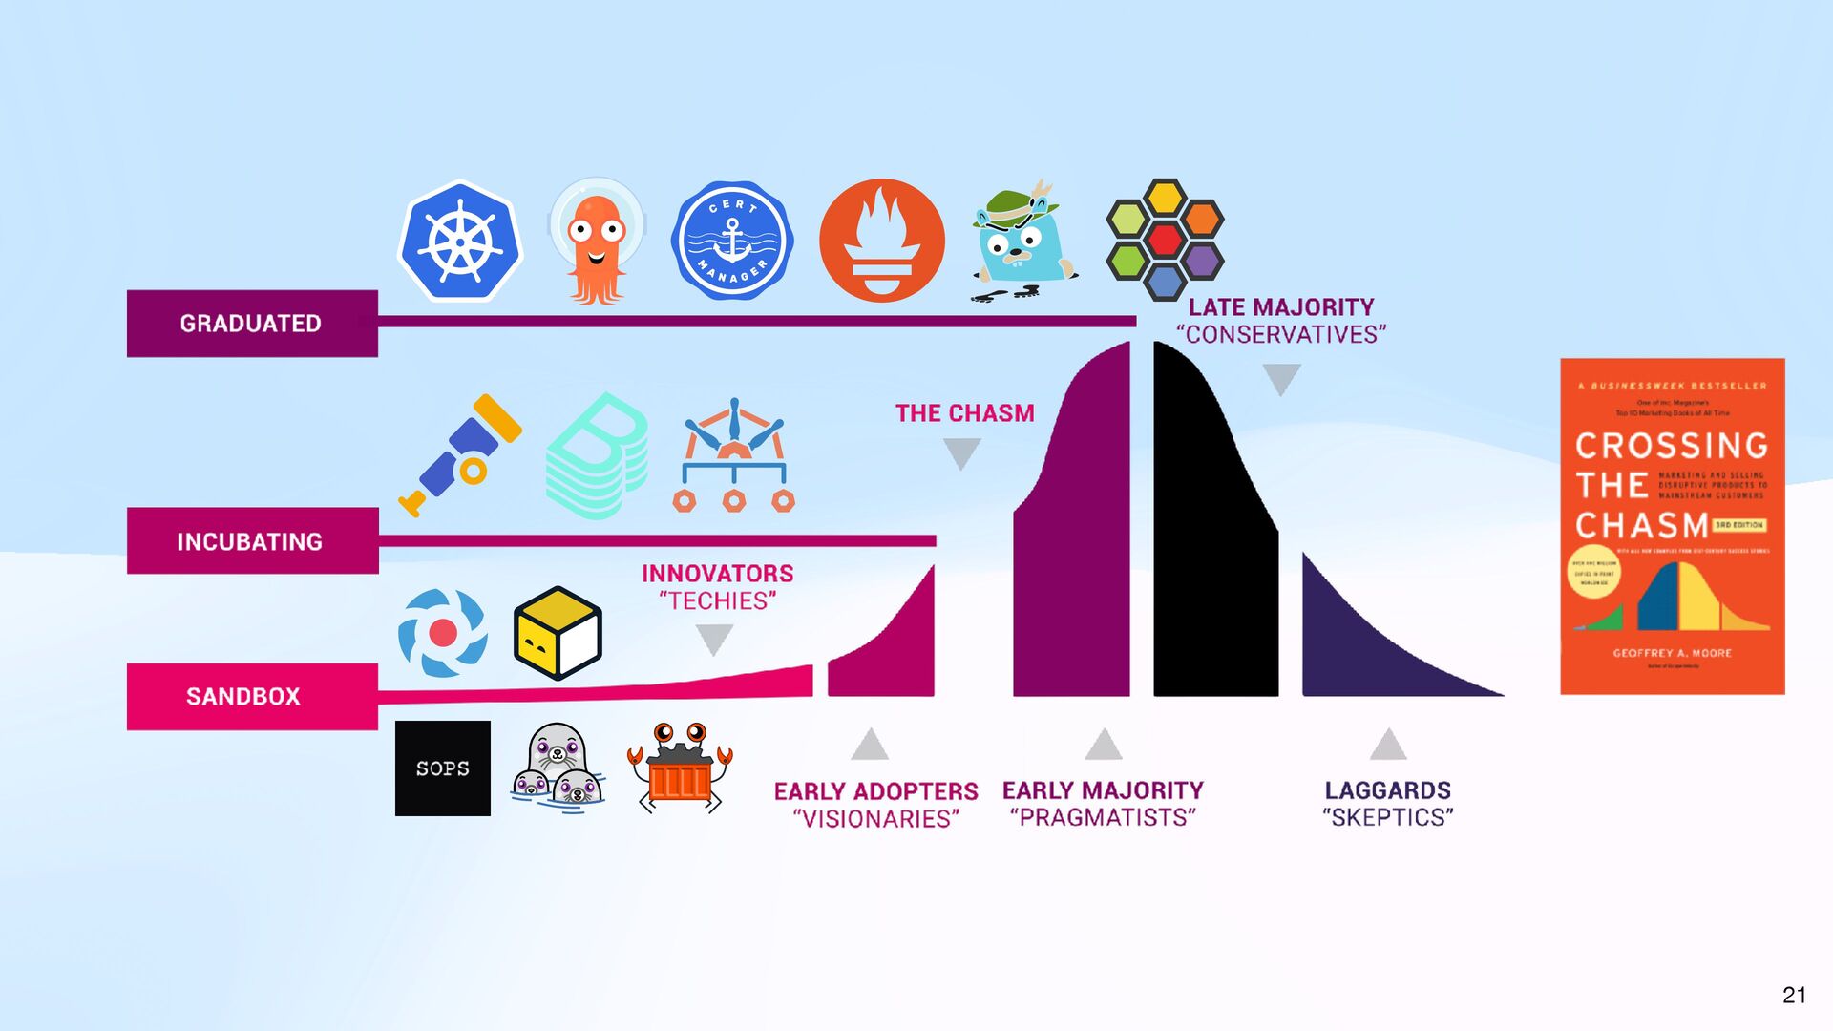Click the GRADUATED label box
(x=252, y=324)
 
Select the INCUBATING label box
(x=252, y=541)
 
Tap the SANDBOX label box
(x=252, y=697)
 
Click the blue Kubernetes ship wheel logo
(x=460, y=242)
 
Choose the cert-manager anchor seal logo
(x=732, y=242)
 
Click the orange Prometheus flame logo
(x=881, y=241)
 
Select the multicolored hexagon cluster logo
(x=1165, y=239)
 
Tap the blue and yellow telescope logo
(x=461, y=454)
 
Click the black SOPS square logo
(x=443, y=768)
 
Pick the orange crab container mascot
(x=679, y=768)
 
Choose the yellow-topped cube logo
(x=558, y=633)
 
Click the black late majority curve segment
(x=1212, y=554)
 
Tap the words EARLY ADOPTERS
(x=875, y=791)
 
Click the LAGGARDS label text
(x=1387, y=790)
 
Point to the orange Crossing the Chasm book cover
(x=1672, y=527)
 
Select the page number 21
(x=1794, y=995)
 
